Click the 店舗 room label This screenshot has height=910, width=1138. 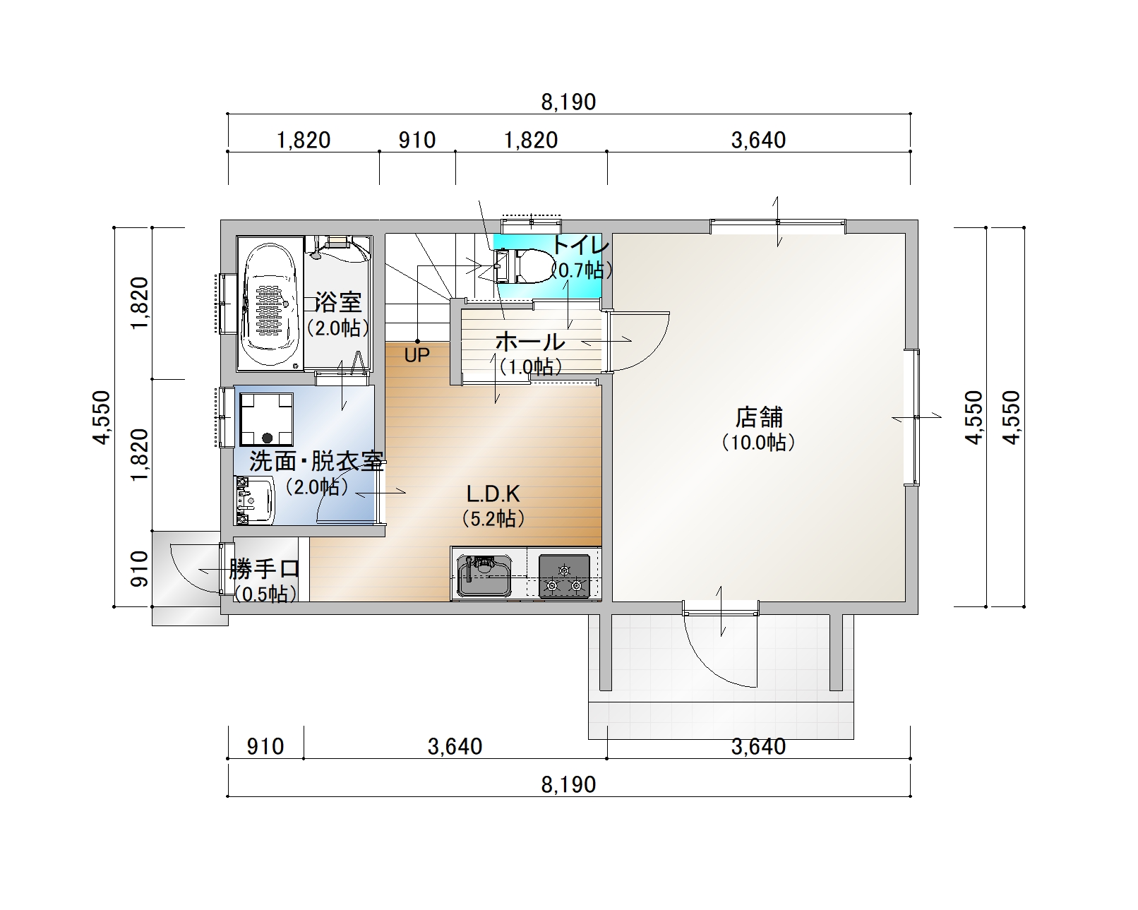[x=759, y=417]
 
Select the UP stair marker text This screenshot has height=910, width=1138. [x=417, y=355]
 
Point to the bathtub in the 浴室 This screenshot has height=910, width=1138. [x=270, y=304]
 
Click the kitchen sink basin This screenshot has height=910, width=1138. [x=484, y=575]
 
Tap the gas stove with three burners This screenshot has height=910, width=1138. [x=564, y=576]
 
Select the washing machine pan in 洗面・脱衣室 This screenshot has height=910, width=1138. [x=267, y=419]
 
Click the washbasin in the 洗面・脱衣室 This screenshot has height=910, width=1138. [x=254, y=501]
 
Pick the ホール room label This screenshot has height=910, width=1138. [x=530, y=342]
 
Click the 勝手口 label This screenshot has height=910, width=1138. [x=265, y=570]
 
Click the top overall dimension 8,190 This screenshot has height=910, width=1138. [x=568, y=102]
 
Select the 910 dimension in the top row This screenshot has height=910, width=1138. [x=417, y=140]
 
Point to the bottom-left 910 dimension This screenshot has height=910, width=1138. [x=265, y=747]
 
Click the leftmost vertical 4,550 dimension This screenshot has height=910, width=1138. [x=102, y=417]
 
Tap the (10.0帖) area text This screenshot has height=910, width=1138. [x=759, y=442]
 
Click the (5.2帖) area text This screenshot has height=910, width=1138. [x=493, y=519]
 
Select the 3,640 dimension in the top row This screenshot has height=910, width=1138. [x=758, y=140]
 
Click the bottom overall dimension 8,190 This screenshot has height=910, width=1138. [x=568, y=784]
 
